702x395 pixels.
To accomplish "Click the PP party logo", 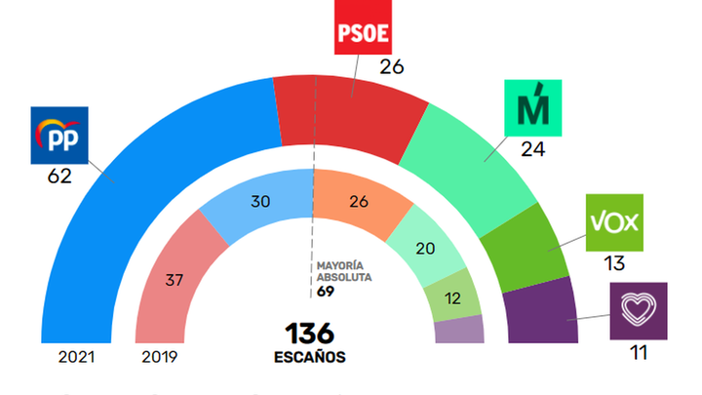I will point(60,135).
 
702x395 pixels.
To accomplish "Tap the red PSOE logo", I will point(363,36).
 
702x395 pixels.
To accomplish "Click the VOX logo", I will point(613,221).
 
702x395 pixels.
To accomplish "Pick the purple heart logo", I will point(638,311).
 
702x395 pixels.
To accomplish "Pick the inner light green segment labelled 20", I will point(426,248).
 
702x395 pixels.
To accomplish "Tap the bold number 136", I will point(310,333).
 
